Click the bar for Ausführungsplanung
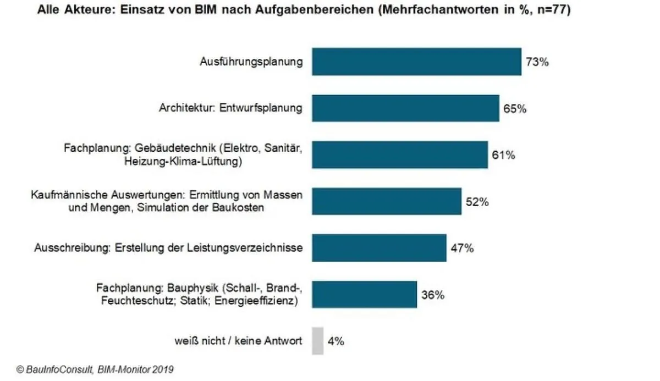pos(416,62)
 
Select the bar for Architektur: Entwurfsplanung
pos(405,108)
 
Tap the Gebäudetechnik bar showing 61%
pos(400,155)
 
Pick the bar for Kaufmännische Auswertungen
pos(387,202)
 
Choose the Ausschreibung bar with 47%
pos(379,248)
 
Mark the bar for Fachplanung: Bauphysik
pos(364,295)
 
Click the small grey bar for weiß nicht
pos(317,341)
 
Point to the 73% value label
pos(537,62)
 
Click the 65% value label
pos(515,109)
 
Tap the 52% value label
pos(477,202)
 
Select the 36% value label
pos(432,295)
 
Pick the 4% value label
pos(335,341)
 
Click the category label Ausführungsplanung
pos(251,62)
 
